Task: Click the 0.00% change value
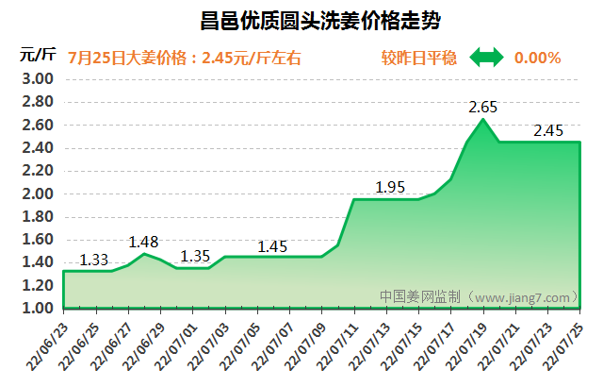click(x=537, y=58)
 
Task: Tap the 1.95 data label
click(x=390, y=187)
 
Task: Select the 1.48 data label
click(x=143, y=242)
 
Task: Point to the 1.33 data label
click(x=94, y=260)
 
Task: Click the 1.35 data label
click(x=194, y=256)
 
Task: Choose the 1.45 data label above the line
click(x=273, y=246)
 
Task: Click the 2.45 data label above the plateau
click(x=548, y=130)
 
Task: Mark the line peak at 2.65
click(x=483, y=119)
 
